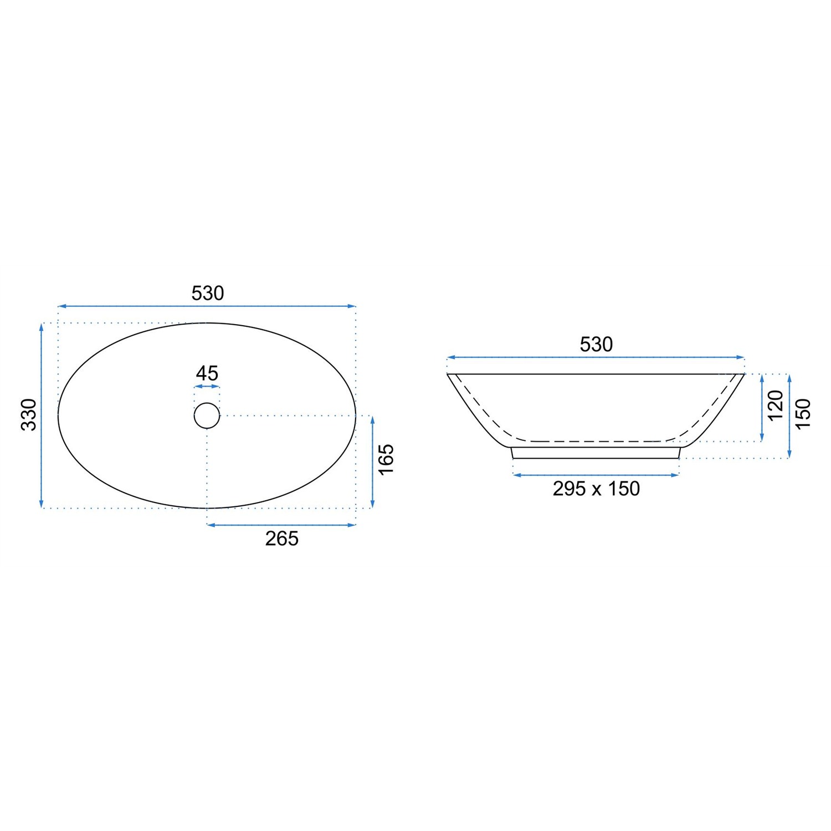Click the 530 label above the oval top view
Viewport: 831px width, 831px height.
pos(208,293)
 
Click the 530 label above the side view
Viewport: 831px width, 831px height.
pos(596,345)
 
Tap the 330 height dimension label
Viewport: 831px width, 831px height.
pos(29,414)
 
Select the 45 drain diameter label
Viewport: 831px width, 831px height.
pos(207,373)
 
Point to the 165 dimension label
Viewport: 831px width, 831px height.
pos(386,459)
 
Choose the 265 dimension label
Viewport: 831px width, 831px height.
pos(282,538)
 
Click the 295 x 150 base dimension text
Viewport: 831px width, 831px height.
pos(596,489)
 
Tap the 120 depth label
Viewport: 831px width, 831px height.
pos(776,405)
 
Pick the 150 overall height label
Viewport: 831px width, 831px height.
pos(803,413)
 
